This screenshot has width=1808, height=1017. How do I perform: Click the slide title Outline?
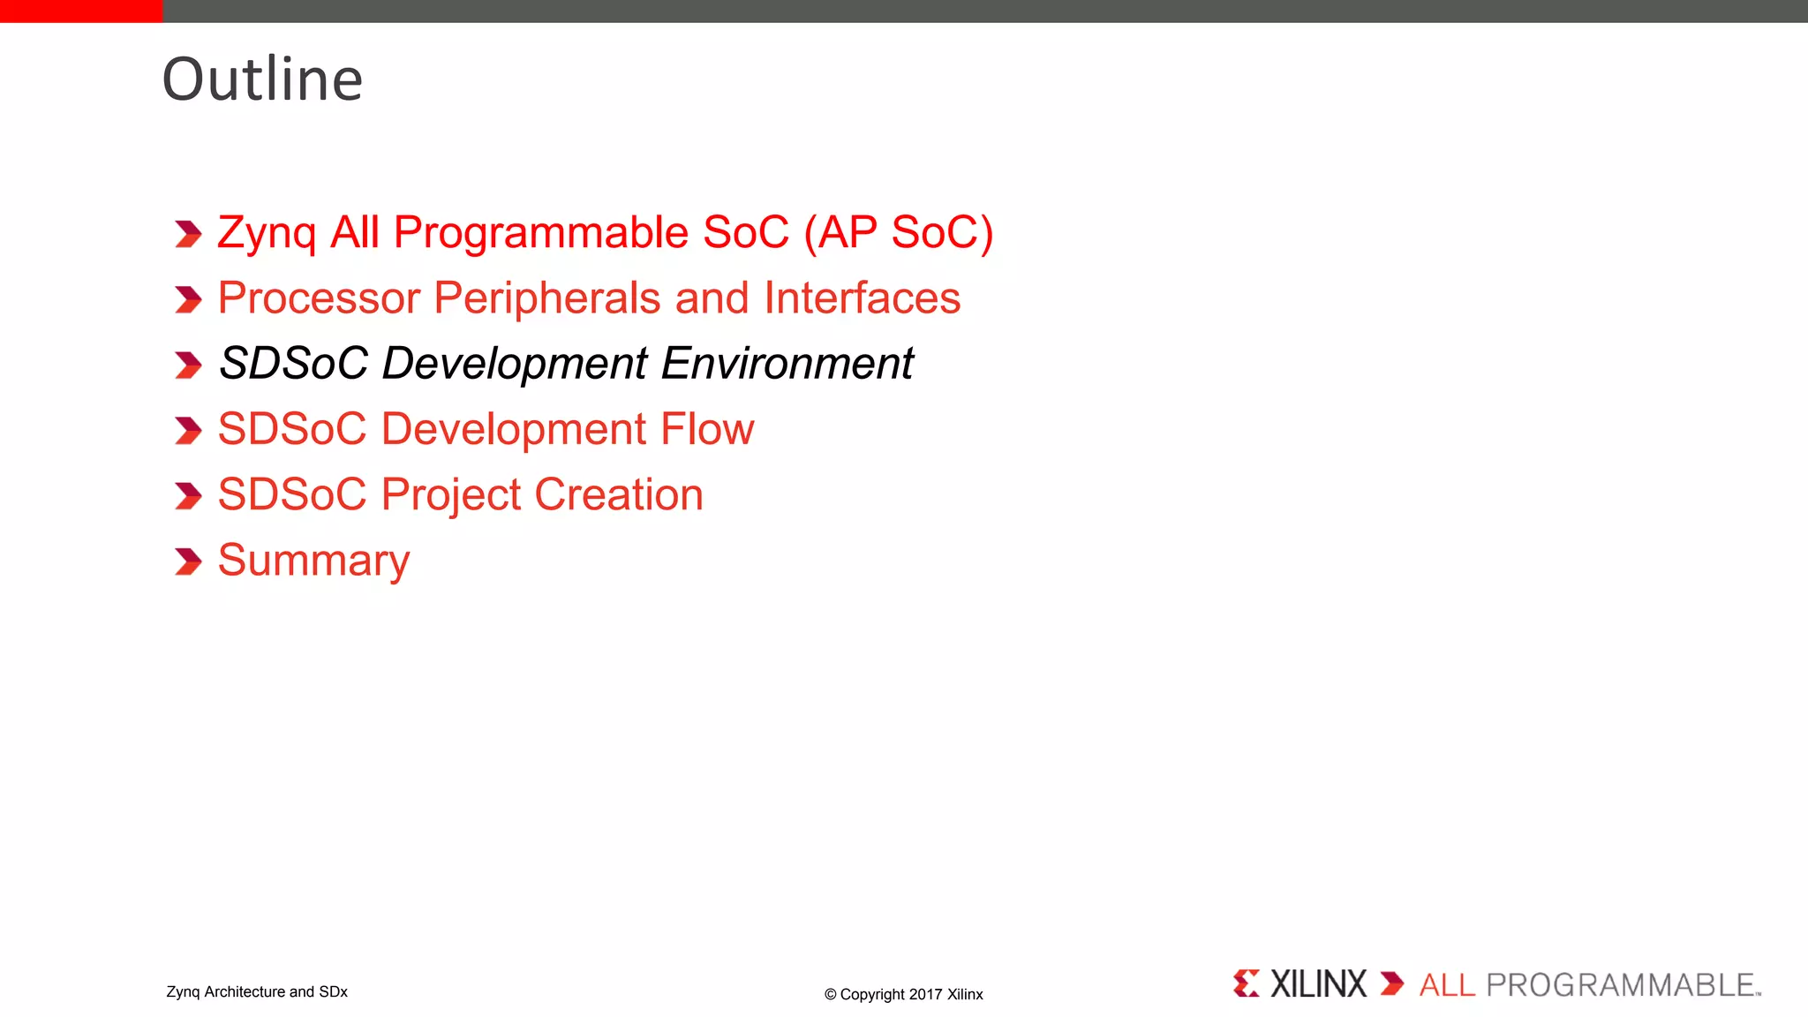pos(262,79)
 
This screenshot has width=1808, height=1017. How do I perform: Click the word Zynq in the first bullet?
pos(267,234)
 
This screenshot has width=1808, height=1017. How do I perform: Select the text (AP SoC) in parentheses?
pos(898,233)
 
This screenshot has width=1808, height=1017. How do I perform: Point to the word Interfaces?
pos(862,298)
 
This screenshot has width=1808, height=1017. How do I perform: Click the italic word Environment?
pos(787,364)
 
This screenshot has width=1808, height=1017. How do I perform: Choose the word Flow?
pos(707,429)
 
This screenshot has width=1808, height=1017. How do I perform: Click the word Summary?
pos(313,561)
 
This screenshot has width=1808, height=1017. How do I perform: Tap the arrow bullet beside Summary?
pos(188,561)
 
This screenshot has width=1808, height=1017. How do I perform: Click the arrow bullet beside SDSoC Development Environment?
pos(188,365)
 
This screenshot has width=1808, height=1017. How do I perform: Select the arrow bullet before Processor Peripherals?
pos(188,299)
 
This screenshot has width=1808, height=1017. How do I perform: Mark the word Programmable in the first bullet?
pos(540,234)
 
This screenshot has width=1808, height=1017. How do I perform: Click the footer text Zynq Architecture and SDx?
pos(257,992)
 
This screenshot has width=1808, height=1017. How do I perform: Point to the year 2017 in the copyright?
pos(925,995)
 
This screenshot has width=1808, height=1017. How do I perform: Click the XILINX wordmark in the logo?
pos(1317,984)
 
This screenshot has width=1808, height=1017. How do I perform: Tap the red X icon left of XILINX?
pos(1247,983)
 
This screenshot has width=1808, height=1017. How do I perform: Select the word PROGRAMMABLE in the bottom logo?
pos(1621,985)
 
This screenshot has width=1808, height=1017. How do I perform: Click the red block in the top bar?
pos(81,11)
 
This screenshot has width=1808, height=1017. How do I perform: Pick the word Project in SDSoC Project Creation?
pos(451,495)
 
